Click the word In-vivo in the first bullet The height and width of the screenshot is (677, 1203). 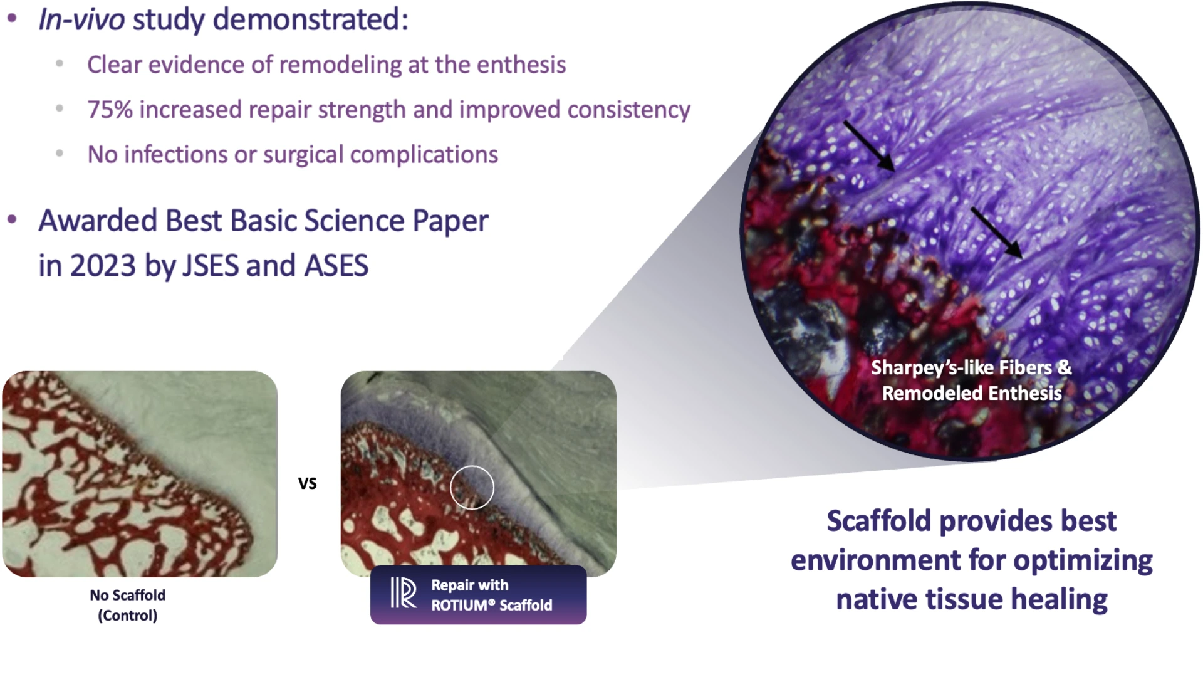click(x=81, y=19)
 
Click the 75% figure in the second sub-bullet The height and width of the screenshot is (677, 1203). click(x=110, y=110)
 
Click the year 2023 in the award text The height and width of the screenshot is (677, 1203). click(x=103, y=266)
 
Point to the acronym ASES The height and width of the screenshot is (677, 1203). click(x=336, y=266)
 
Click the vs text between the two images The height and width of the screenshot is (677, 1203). click(x=307, y=483)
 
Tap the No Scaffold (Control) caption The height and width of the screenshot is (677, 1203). click(x=128, y=605)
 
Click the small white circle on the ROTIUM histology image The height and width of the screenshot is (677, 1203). click(x=472, y=487)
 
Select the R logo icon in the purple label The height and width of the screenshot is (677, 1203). click(x=403, y=593)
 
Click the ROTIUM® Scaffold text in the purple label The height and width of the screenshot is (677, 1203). click(x=492, y=605)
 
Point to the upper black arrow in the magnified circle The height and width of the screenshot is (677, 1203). click(x=868, y=145)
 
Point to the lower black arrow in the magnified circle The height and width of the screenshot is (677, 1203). click(x=996, y=233)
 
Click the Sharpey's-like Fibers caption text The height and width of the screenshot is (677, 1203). click(x=971, y=367)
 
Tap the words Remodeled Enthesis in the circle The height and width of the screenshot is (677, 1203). click(x=972, y=393)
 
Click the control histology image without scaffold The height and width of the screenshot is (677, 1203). click(x=140, y=474)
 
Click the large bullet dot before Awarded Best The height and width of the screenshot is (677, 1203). click(x=12, y=220)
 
